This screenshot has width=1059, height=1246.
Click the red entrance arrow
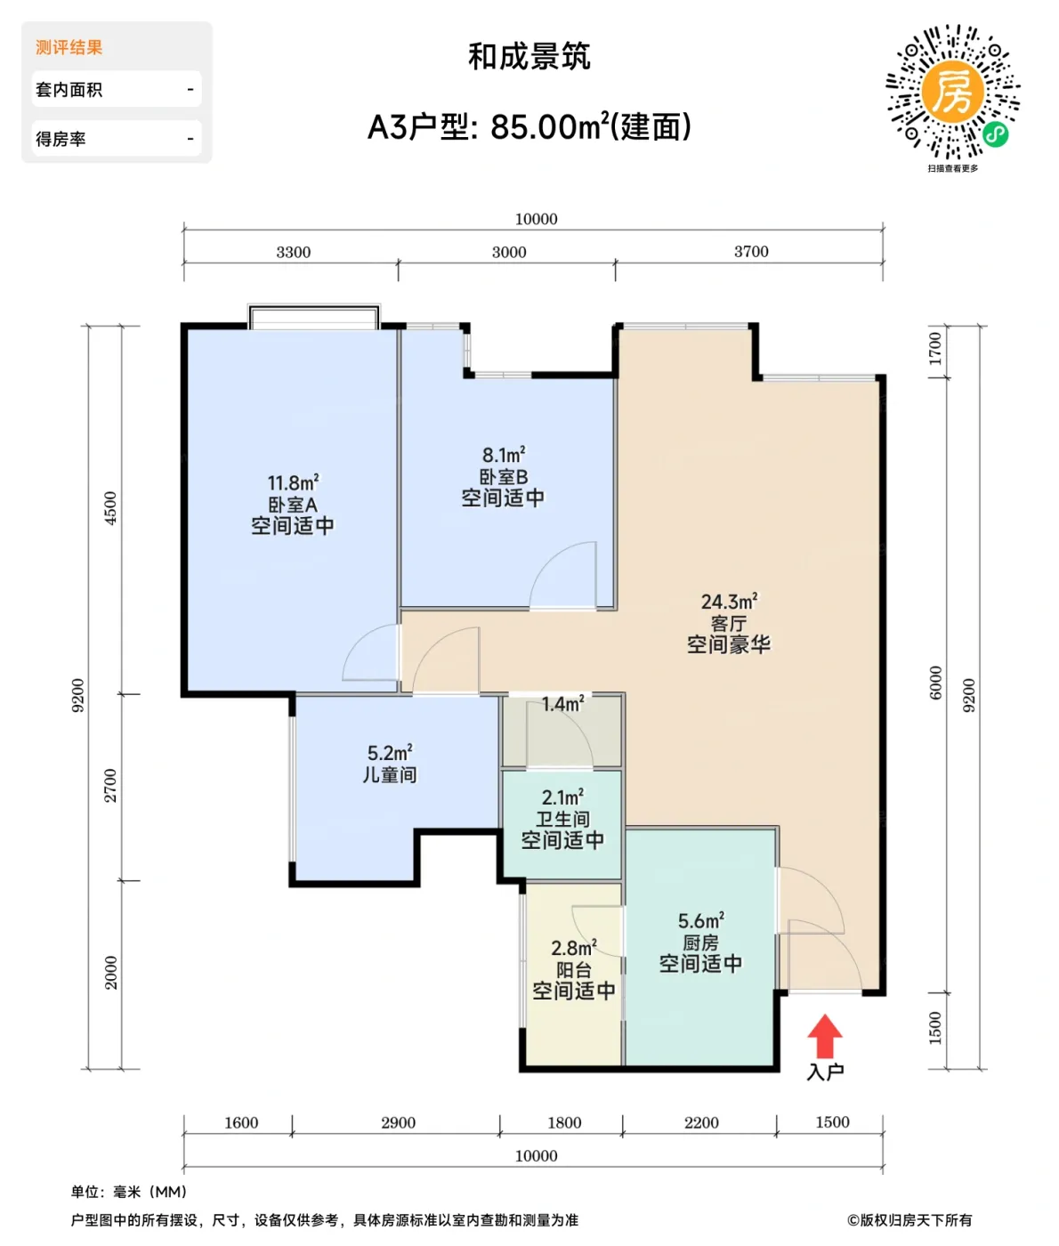[825, 1037]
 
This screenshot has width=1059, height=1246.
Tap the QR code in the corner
[952, 93]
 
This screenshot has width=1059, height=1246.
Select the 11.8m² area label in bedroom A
[293, 483]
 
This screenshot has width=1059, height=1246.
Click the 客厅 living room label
[728, 623]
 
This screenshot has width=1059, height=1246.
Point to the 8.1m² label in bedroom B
[504, 456]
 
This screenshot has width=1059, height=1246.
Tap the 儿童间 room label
[389, 775]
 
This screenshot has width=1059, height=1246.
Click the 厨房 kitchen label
[700, 943]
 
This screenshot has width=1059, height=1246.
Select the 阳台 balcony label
[573, 970]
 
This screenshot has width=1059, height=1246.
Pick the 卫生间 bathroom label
[562, 819]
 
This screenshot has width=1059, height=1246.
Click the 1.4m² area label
[562, 705]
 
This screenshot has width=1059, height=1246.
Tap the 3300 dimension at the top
[293, 252]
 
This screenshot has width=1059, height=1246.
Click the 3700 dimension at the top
[751, 252]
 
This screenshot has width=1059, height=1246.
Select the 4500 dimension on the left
[110, 508]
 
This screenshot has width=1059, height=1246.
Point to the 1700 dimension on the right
[935, 348]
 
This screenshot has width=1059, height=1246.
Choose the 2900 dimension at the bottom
[398, 1122]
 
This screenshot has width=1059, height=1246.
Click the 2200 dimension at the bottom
[701, 1122]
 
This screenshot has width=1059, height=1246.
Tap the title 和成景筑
[529, 57]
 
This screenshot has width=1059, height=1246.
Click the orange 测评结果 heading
[69, 47]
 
